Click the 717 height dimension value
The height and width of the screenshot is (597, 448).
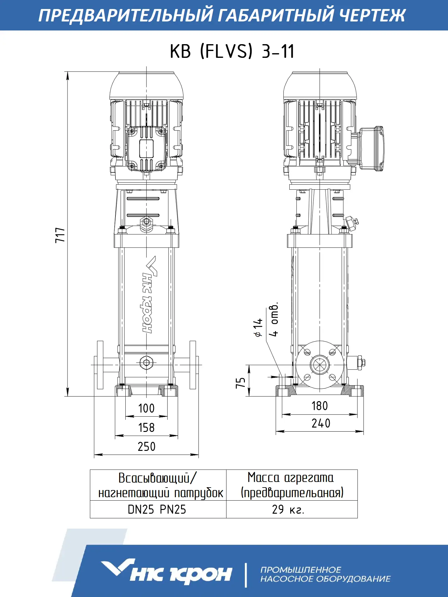[60, 235]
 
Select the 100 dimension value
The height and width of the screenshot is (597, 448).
[146, 408]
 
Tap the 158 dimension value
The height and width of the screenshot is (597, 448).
[146, 428]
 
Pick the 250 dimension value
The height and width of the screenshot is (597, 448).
[147, 447]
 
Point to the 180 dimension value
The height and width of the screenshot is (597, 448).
[320, 406]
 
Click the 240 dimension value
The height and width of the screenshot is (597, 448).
[321, 423]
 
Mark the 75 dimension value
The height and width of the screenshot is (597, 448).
[240, 382]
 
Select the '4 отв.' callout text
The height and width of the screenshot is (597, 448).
[274, 319]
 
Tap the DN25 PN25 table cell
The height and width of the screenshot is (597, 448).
[157, 509]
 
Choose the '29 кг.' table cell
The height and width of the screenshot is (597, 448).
[288, 509]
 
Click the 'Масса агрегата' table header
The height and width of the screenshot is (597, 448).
[291, 478]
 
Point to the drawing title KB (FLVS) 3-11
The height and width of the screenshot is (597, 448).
[232, 51]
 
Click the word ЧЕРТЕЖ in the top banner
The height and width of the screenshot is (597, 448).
[371, 15]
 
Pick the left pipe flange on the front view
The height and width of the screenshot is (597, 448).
[100, 365]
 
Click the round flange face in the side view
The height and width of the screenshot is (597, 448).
[320, 365]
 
